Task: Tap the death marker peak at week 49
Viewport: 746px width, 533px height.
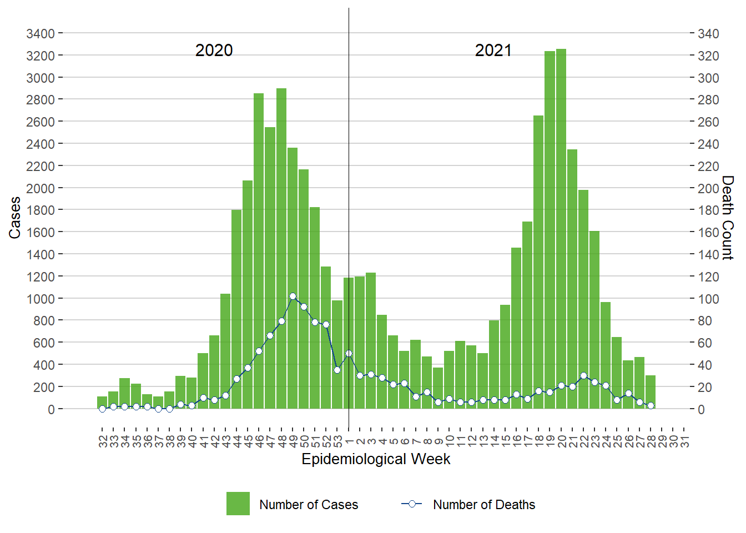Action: pyautogui.click(x=293, y=296)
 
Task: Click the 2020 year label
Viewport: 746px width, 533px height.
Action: pyautogui.click(x=214, y=51)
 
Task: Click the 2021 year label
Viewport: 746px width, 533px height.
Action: pyautogui.click(x=493, y=51)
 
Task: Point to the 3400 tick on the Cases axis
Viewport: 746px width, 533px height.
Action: pyautogui.click(x=41, y=34)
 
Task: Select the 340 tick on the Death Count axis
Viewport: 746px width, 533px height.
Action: pyautogui.click(x=708, y=34)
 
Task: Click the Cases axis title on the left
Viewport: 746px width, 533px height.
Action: pyautogui.click(x=15, y=218)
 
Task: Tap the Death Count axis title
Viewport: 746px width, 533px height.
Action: pyautogui.click(x=728, y=218)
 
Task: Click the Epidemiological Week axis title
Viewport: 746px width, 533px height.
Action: pyautogui.click(x=376, y=459)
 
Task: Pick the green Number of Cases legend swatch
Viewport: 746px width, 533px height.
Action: pyautogui.click(x=238, y=504)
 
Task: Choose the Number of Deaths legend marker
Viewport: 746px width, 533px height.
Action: pyautogui.click(x=412, y=504)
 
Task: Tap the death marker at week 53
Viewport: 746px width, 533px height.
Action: pyautogui.click(x=337, y=370)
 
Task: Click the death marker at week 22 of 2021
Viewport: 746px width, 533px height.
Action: pyautogui.click(x=583, y=376)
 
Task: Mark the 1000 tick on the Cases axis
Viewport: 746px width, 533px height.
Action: pyautogui.click(x=41, y=299)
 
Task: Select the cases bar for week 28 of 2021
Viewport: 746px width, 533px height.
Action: pyautogui.click(x=651, y=393)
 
